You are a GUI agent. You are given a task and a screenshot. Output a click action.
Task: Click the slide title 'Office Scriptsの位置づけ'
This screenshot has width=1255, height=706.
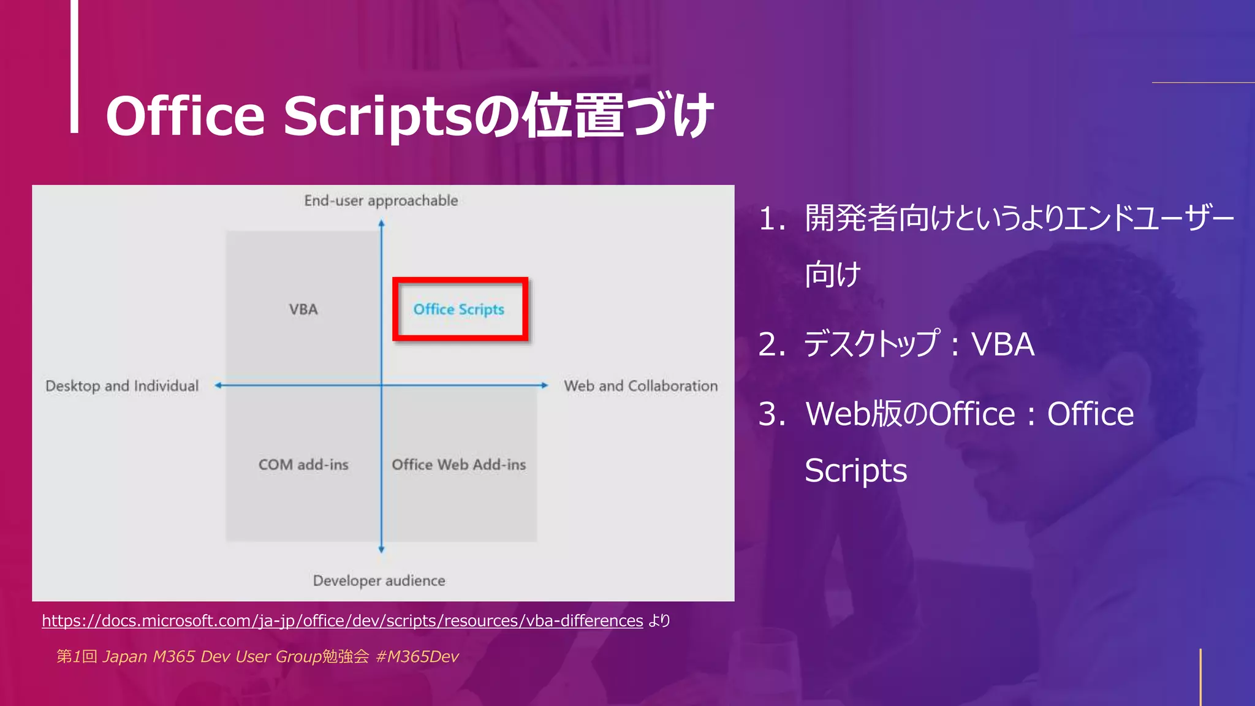pos(409,116)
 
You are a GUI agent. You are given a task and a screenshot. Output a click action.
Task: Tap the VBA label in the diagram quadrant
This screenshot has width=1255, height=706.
pos(303,309)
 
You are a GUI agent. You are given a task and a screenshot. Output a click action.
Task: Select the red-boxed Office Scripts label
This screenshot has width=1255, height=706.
pos(459,309)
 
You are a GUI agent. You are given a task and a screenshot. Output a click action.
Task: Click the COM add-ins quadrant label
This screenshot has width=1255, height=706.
pos(303,465)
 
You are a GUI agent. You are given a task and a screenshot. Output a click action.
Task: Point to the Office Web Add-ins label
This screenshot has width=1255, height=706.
pos(459,465)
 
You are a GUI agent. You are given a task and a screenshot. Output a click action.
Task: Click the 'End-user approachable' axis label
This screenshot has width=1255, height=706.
pos(381,201)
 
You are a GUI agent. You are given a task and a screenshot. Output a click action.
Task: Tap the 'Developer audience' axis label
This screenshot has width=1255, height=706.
pos(379,580)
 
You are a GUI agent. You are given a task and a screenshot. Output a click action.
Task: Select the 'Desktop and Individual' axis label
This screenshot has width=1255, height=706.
pos(122,386)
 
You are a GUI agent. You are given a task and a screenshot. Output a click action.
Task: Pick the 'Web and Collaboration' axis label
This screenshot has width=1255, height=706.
pos(640,386)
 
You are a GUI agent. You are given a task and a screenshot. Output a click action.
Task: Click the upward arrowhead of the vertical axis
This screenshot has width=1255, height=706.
pos(381,224)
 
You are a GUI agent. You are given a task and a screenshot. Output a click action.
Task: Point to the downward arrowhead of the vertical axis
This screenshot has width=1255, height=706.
pos(381,549)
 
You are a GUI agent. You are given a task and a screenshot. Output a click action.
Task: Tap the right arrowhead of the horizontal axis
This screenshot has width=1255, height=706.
pos(544,385)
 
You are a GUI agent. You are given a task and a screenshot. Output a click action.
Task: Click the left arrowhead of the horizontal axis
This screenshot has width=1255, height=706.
pos(218,385)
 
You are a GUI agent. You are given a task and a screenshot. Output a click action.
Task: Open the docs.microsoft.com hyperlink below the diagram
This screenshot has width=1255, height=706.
pos(342,621)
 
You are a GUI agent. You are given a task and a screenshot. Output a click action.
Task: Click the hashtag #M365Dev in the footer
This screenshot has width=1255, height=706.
pos(417,656)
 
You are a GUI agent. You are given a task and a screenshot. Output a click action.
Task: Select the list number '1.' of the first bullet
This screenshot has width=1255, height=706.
pos(772,219)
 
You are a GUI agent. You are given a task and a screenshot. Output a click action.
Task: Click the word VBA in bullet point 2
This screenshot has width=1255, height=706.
pos(1003,344)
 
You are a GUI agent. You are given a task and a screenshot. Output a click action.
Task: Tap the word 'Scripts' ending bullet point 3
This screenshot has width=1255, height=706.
pos(855,471)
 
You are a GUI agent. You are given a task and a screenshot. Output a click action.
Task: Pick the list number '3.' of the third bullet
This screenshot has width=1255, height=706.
pos(772,414)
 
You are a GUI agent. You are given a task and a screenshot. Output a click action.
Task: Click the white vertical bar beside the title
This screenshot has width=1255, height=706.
pos(74,66)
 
